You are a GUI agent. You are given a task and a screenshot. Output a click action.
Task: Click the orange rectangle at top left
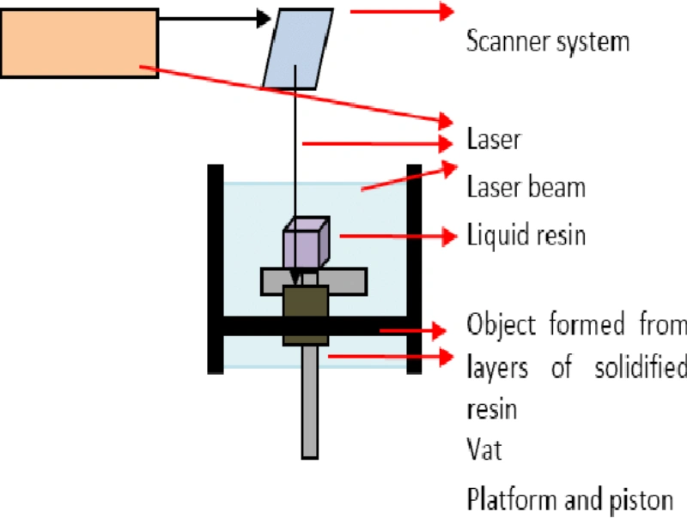[x=79, y=43]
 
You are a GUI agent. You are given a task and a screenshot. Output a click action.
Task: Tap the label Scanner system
[x=547, y=41]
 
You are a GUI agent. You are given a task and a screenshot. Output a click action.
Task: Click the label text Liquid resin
[x=526, y=234]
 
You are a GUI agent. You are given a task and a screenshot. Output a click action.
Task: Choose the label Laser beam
[x=526, y=186]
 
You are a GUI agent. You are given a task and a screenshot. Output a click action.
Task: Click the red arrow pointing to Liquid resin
[x=395, y=235]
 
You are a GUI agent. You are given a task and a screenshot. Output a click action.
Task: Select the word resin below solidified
[x=491, y=408]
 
